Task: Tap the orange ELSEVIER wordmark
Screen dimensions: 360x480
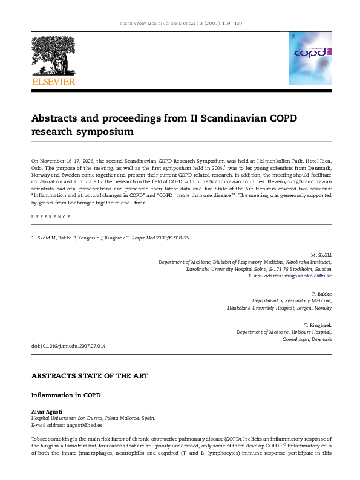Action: click(54, 80)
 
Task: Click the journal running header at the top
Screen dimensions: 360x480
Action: click(180, 24)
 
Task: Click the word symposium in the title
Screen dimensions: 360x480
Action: click(106, 131)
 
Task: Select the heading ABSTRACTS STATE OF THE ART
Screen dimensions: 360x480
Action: click(90, 375)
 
